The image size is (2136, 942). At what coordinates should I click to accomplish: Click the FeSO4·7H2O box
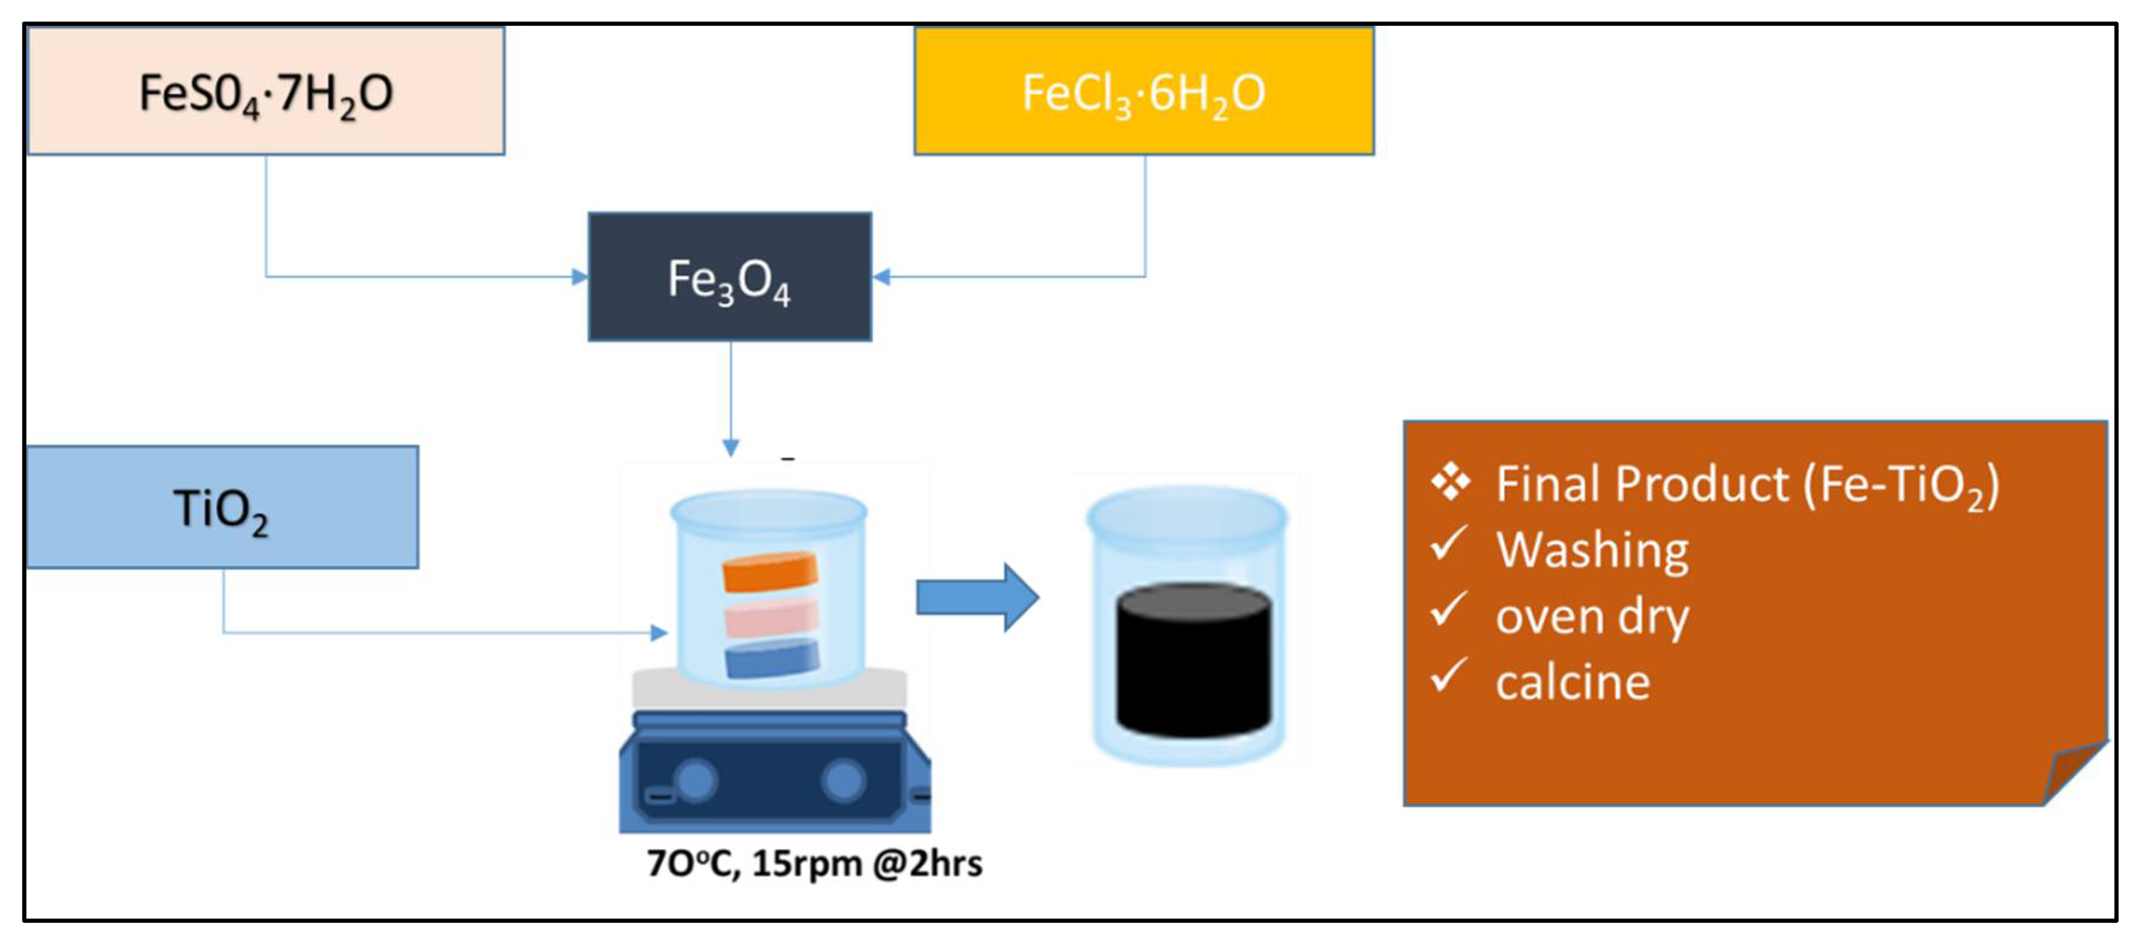[265, 91]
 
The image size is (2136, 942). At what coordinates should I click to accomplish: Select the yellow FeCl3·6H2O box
[1144, 91]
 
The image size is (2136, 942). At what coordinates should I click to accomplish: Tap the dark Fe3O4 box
[730, 277]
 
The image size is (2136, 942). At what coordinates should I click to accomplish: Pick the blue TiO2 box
[222, 508]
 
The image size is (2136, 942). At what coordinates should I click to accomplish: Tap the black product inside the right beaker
[1192, 659]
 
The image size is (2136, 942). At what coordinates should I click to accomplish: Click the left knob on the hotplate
[695, 781]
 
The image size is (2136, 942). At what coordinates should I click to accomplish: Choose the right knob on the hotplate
[843, 781]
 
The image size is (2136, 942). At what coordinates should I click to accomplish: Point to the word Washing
[1592, 550]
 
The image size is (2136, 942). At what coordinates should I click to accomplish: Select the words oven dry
[1592, 616]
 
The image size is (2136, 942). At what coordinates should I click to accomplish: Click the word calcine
[1573, 682]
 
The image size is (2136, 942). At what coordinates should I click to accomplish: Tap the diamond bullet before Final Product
[1450, 482]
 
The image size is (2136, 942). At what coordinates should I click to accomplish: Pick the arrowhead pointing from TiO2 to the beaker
[659, 632]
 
